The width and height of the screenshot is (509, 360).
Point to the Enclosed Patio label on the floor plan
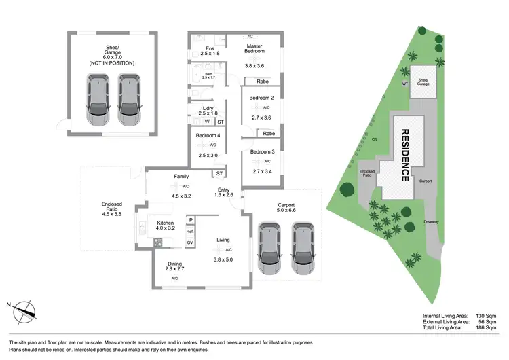point(111,207)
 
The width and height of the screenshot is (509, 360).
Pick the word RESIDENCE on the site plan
point(404,156)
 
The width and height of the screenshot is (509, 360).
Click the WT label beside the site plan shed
point(404,83)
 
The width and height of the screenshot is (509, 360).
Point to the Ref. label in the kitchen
point(190,232)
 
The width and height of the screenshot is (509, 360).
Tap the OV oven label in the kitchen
point(190,242)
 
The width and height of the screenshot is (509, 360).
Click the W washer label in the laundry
point(206,122)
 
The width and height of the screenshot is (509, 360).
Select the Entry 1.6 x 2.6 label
point(224,192)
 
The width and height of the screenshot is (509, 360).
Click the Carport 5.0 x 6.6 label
point(286,209)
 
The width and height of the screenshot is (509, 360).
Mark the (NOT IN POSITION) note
point(112,62)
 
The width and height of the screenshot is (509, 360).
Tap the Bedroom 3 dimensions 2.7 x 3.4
point(261,172)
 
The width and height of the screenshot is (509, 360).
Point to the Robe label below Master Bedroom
point(261,81)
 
